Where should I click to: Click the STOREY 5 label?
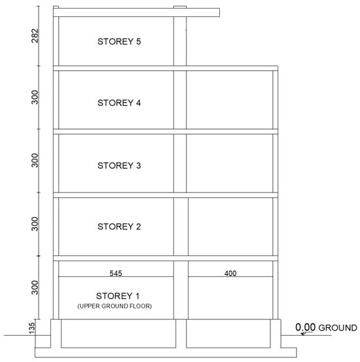click(x=119, y=41)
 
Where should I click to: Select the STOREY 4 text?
click(x=119, y=103)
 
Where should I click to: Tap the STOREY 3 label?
click(x=119, y=166)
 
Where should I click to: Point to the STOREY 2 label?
click(x=119, y=226)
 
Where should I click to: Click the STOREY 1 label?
click(x=118, y=296)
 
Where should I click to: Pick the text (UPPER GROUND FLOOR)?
click(x=115, y=306)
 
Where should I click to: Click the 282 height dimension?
click(x=35, y=35)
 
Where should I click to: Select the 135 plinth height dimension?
click(x=32, y=328)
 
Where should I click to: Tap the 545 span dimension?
click(x=116, y=274)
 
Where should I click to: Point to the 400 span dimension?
click(x=230, y=274)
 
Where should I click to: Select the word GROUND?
click(x=338, y=328)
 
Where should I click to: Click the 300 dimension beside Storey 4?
click(x=35, y=97)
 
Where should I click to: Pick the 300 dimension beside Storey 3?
click(x=35, y=160)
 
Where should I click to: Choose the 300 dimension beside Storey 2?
click(x=35, y=224)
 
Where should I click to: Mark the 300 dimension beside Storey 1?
click(x=35, y=287)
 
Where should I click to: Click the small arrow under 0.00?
click(x=306, y=333)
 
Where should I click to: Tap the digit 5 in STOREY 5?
click(x=138, y=41)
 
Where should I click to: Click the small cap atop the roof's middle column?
click(x=180, y=7)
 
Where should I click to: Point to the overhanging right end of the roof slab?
click(x=219, y=12)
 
